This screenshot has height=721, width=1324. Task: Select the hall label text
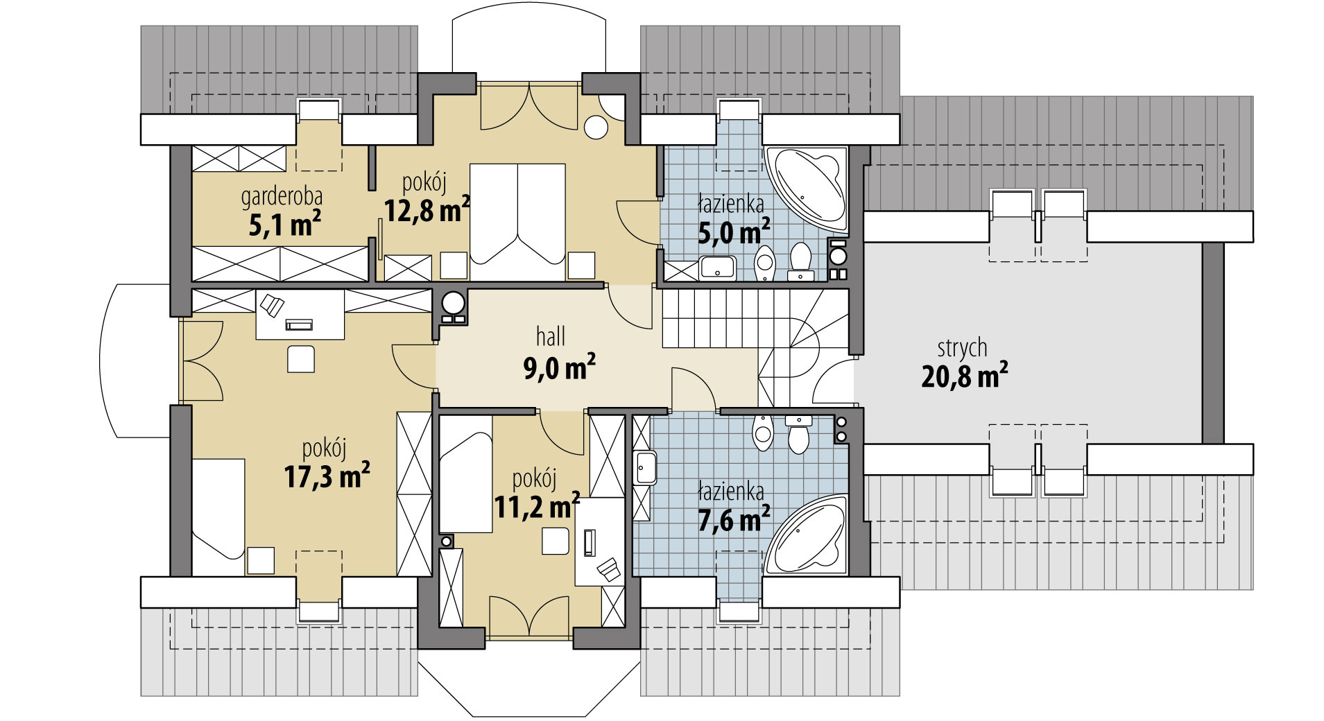click(551, 337)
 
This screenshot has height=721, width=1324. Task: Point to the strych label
click(962, 348)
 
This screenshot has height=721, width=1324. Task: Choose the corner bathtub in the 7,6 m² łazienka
click(806, 535)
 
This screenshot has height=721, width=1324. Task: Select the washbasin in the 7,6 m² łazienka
click(644, 467)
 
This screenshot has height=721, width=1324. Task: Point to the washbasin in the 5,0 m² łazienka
click(717, 266)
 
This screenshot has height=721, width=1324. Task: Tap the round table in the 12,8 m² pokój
click(596, 128)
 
